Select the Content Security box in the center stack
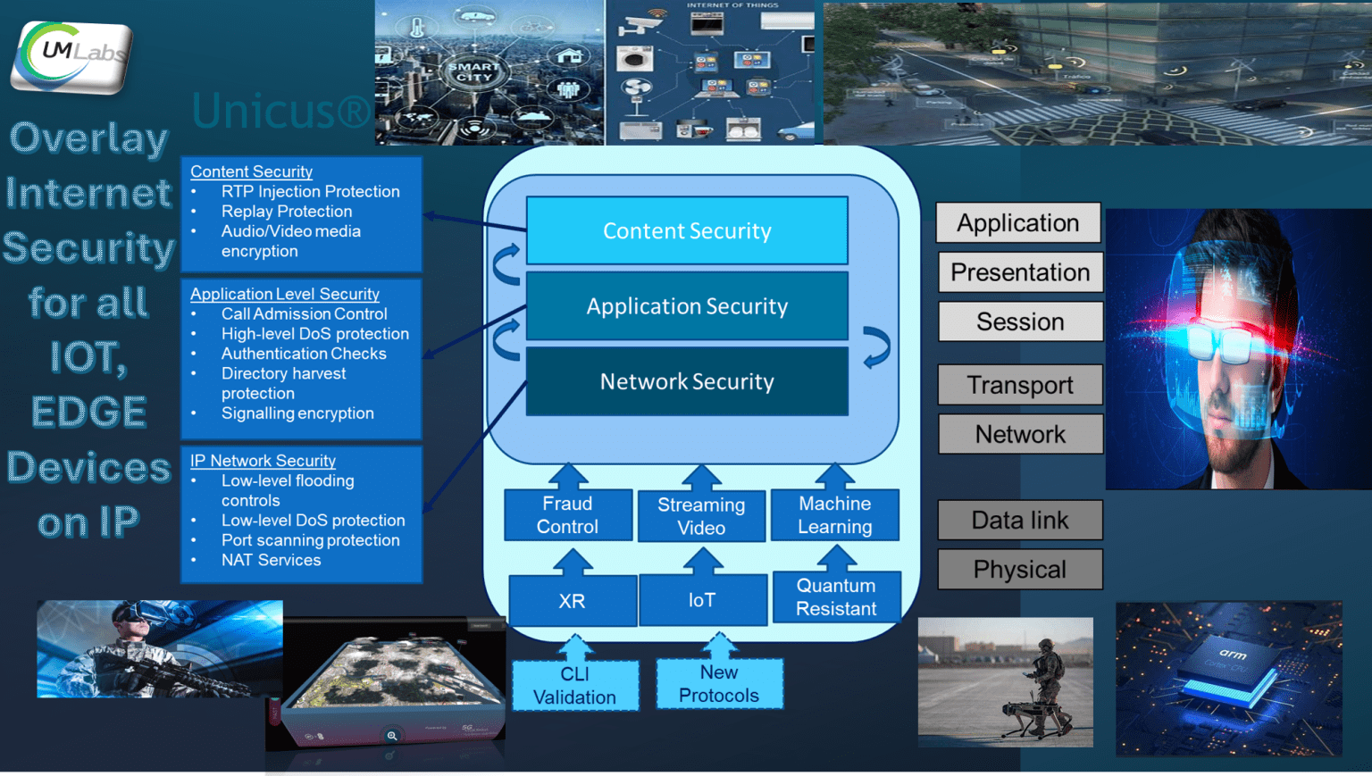pyautogui.click(x=687, y=230)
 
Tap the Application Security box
pyautogui.click(x=687, y=306)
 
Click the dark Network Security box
pyautogui.click(x=687, y=381)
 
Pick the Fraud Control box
pyautogui.click(x=567, y=515)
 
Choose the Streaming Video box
pyautogui.click(x=701, y=516)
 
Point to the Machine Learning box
pyautogui.click(x=834, y=515)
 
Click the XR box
pyautogui.click(x=572, y=601)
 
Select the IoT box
pyautogui.click(x=702, y=600)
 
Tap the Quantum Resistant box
pyautogui.click(x=836, y=597)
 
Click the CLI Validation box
pyautogui.click(x=574, y=686)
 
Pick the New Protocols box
pyautogui.click(x=719, y=684)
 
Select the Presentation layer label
pyautogui.click(x=1020, y=272)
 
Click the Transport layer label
pyautogui.click(x=1020, y=385)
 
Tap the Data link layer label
pyautogui.click(x=1020, y=520)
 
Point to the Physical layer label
pyautogui.click(x=1020, y=570)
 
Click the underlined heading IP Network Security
pyautogui.click(x=263, y=461)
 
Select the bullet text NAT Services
pyautogui.click(x=271, y=560)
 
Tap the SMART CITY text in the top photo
pyautogui.click(x=473, y=71)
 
